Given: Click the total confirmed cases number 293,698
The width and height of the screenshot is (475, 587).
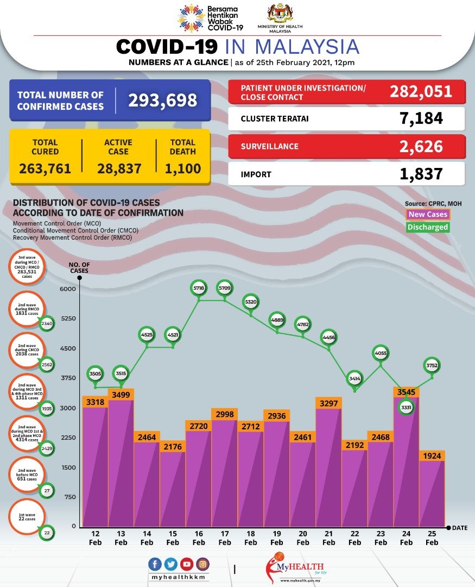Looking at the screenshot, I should click(x=162, y=100).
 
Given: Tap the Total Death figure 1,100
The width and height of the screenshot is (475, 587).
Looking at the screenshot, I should click(x=183, y=168).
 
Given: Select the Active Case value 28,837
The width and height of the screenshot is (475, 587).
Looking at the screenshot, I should click(x=119, y=168).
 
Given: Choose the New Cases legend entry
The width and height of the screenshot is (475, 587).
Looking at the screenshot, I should click(x=428, y=215).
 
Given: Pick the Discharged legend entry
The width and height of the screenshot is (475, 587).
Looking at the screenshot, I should click(x=428, y=227).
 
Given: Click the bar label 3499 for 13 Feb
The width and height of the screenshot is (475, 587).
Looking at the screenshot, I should click(x=121, y=395).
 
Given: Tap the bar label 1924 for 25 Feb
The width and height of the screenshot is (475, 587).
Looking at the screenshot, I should click(x=432, y=455).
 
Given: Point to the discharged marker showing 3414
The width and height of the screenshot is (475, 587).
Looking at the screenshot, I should click(x=354, y=378).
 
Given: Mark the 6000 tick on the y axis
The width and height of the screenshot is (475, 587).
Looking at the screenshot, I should click(x=68, y=289).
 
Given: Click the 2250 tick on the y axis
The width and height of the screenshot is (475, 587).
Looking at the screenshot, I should click(x=68, y=438).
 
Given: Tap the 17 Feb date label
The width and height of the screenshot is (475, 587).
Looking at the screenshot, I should click(x=225, y=539).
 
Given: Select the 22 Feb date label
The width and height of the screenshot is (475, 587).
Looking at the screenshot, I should click(x=354, y=539).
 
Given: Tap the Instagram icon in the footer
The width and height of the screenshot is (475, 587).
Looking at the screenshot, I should click(x=202, y=564).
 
